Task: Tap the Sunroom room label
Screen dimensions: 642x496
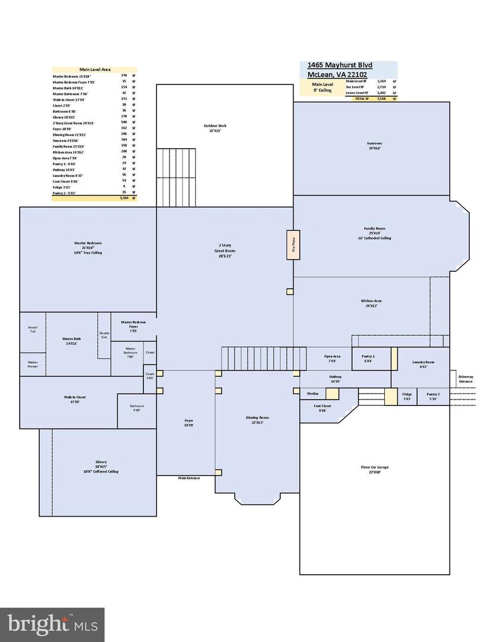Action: [374, 146]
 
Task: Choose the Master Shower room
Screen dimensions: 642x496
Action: [32, 364]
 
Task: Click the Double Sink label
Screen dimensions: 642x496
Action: [104, 335]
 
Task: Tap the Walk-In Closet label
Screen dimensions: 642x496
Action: [75, 399]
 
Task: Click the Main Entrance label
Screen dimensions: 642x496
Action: [189, 478]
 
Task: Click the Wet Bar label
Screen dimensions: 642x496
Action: [313, 394]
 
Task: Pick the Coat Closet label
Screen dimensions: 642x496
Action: [322, 408]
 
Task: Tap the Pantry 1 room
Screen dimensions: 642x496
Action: [368, 358]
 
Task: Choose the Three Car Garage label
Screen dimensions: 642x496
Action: [374, 470]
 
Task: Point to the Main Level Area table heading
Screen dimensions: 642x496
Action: [95, 70]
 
